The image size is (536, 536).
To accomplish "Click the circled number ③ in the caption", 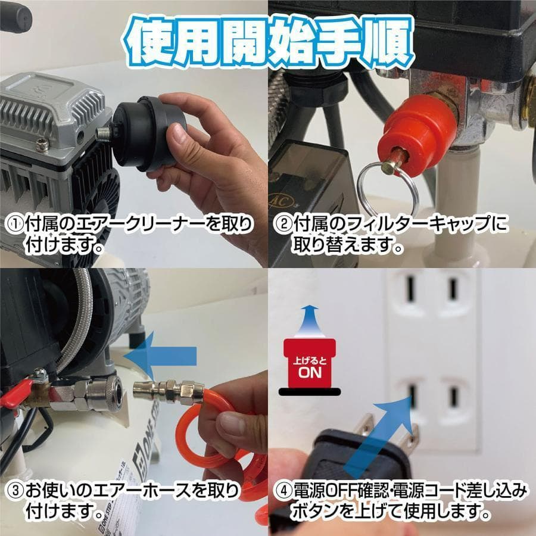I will click(14, 492).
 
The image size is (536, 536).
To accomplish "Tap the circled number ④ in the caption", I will click(282, 492).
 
